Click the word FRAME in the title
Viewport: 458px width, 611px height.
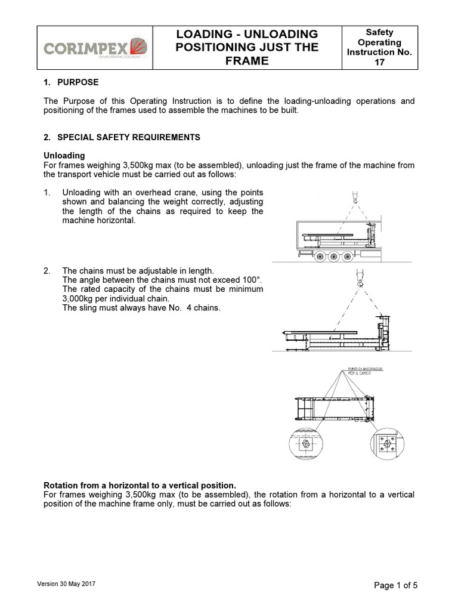click(246, 61)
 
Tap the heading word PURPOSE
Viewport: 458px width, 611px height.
click(78, 82)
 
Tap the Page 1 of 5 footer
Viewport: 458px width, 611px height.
click(395, 585)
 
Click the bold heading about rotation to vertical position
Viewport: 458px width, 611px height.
click(141, 485)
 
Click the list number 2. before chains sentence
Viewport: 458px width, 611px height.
click(48, 271)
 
